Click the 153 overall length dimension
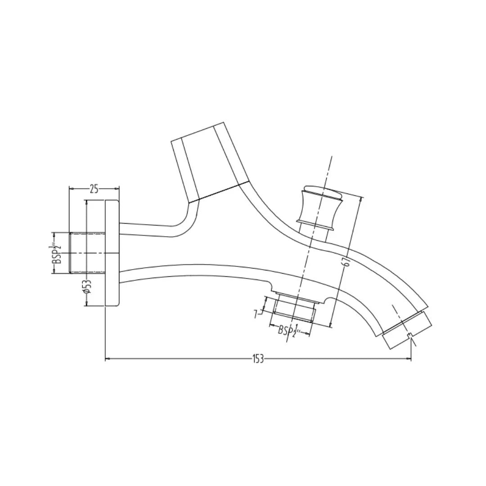[x=257, y=359]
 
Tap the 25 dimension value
[x=94, y=189]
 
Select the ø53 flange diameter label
[x=87, y=287]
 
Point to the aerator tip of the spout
[x=406, y=330]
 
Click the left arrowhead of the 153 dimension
[x=107, y=359]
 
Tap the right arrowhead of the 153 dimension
[x=409, y=359]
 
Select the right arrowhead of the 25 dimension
[x=117, y=189]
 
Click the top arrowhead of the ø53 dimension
[x=87, y=202]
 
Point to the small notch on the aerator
[x=409, y=336]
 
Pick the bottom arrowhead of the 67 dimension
[x=331, y=326]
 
